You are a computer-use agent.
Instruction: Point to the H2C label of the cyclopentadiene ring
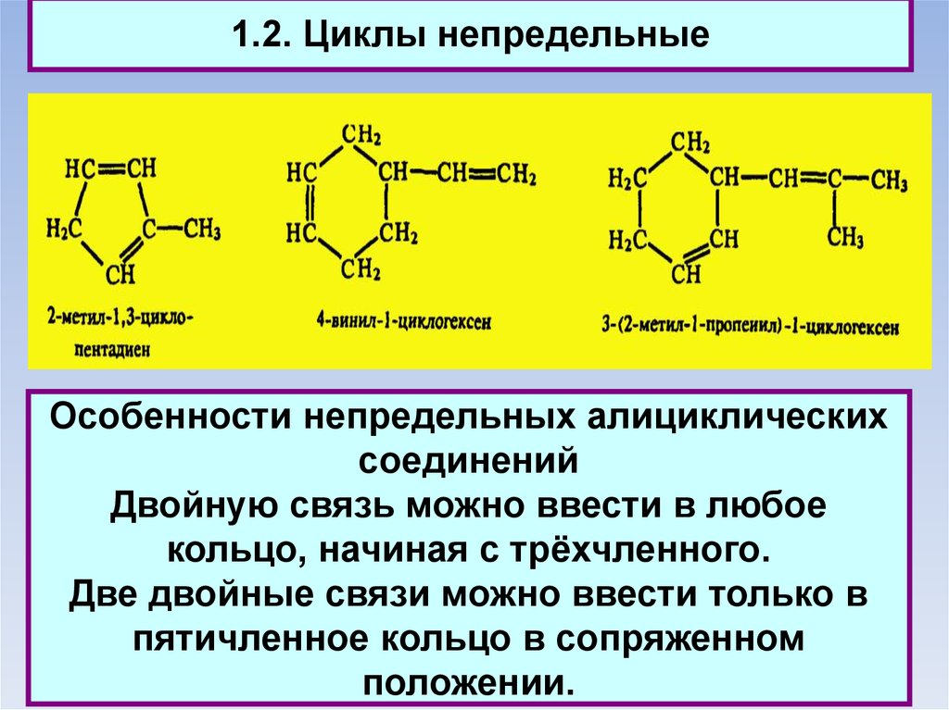[64, 228]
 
